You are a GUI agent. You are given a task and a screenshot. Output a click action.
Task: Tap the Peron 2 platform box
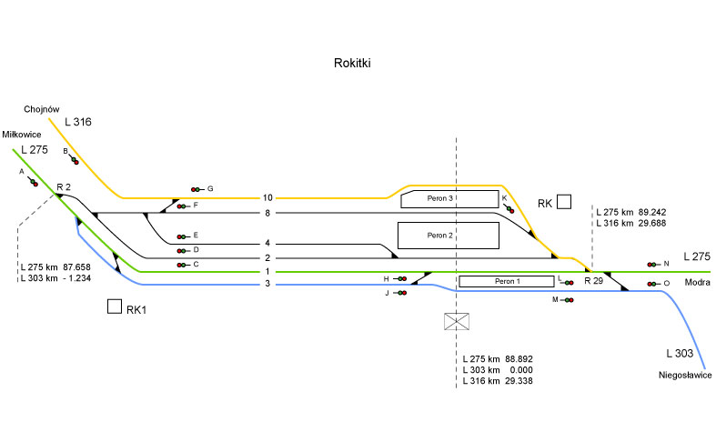[449, 236]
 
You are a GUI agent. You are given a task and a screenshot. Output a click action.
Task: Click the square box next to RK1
[115, 307]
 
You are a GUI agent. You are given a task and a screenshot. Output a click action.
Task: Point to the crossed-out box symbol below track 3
[456, 321]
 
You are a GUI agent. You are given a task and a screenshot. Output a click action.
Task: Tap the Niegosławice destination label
[685, 376]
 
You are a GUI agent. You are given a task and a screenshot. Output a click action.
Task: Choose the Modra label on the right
[697, 284]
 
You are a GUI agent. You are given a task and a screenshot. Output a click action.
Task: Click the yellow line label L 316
[78, 122]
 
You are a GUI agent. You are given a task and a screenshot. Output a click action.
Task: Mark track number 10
[267, 197]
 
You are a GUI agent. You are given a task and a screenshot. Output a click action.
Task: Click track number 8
[267, 213]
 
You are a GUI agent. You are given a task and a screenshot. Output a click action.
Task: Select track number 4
[267, 243]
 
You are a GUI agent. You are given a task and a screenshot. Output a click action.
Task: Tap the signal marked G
[196, 189]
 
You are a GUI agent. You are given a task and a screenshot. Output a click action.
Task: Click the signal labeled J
[400, 293]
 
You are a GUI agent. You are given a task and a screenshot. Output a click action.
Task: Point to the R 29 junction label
[593, 281]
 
